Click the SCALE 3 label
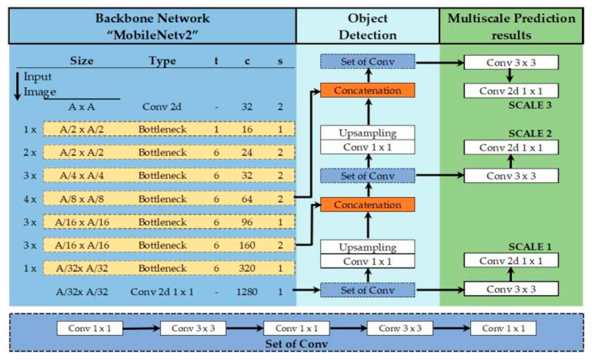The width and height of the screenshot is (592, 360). click(530, 105)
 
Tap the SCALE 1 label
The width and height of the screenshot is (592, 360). click(530, 247)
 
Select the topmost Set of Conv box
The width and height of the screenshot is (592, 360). click(368, 62)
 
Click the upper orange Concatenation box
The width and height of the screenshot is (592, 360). click(368, 90)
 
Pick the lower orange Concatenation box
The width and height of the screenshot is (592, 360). click(368, 205)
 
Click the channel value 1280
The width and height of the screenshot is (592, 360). click(247, 292)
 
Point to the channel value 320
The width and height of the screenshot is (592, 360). click(247, 268)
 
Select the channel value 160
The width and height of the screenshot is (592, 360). click(247, 245)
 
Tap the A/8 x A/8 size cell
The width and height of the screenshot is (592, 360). click(81, 199)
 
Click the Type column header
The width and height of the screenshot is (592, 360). click(162, 61)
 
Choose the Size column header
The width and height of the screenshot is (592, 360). click(81, 61)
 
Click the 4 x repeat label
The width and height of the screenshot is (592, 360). click(30, 199)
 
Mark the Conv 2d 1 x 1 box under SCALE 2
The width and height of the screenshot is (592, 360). click(511, 148)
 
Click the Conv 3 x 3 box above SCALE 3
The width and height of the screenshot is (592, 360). click(511, 63)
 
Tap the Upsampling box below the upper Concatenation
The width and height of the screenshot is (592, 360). click(368, 133)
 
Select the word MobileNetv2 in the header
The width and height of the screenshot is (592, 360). click(152, 35)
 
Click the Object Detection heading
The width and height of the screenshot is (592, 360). click(368, 27)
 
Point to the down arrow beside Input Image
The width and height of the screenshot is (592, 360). click(18, 86)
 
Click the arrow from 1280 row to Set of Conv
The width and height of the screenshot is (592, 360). click(306, 290)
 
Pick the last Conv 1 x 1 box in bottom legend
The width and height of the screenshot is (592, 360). click(503, 328)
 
